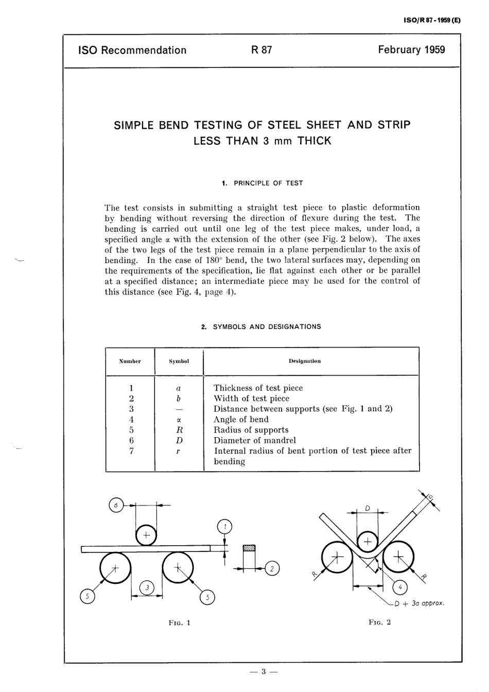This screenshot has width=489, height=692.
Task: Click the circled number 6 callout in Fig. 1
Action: [x=116, y=506]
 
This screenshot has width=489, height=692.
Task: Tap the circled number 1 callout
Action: [x=225, y=527]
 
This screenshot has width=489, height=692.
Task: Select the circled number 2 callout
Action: [x=272, y=568]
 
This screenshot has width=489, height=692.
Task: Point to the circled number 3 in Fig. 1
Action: [x=147, y=587]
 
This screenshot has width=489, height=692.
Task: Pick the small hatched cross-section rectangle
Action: [x=249, y=547]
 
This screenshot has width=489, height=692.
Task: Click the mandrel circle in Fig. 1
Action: [x=146, y=535]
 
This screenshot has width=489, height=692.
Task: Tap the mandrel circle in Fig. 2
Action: [x=368, y=542]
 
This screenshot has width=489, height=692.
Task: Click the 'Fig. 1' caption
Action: [x=179, y=622]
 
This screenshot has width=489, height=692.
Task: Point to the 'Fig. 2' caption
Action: [x=380, y=622]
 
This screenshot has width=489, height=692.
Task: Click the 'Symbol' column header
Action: [x=179, y=361]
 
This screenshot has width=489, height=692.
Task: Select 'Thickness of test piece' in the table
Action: [x=258, y=388]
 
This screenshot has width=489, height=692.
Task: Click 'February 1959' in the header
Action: [x=411, y=50]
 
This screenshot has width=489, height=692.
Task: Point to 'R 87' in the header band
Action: [x=261, y=50]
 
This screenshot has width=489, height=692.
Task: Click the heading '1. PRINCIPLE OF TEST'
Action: [x=262, y=183]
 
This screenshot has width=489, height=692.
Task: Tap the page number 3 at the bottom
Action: [x=263, y=671]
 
